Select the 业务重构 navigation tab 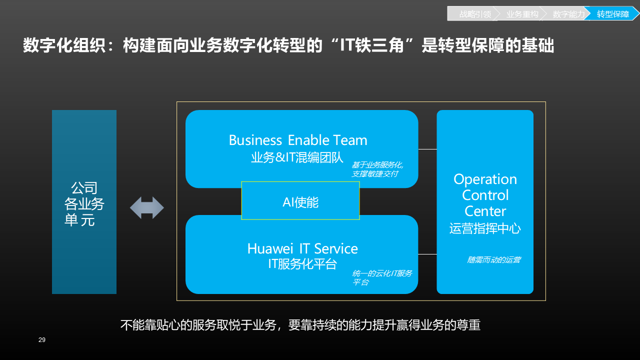[x=522, y=14]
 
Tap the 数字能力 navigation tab [x=568, y=14]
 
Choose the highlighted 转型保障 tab [x=613, y=14]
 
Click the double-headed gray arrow [x=147, y=208]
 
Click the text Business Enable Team [x=298, y=140]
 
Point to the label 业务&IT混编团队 [x=297, y=158]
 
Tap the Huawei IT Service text [x=302, y=248]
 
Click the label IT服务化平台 [x=302, y=264]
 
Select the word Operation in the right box [x=485, y=179]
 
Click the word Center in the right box [x=485, y=211]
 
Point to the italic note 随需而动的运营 [x=493, y=260]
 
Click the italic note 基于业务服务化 [x=377, y=165]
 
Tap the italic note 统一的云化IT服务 [x=382, y=273]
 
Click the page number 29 [x=42, y=340]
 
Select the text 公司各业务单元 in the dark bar [x=84, y=204]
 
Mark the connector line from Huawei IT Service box [x=427, y=254]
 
